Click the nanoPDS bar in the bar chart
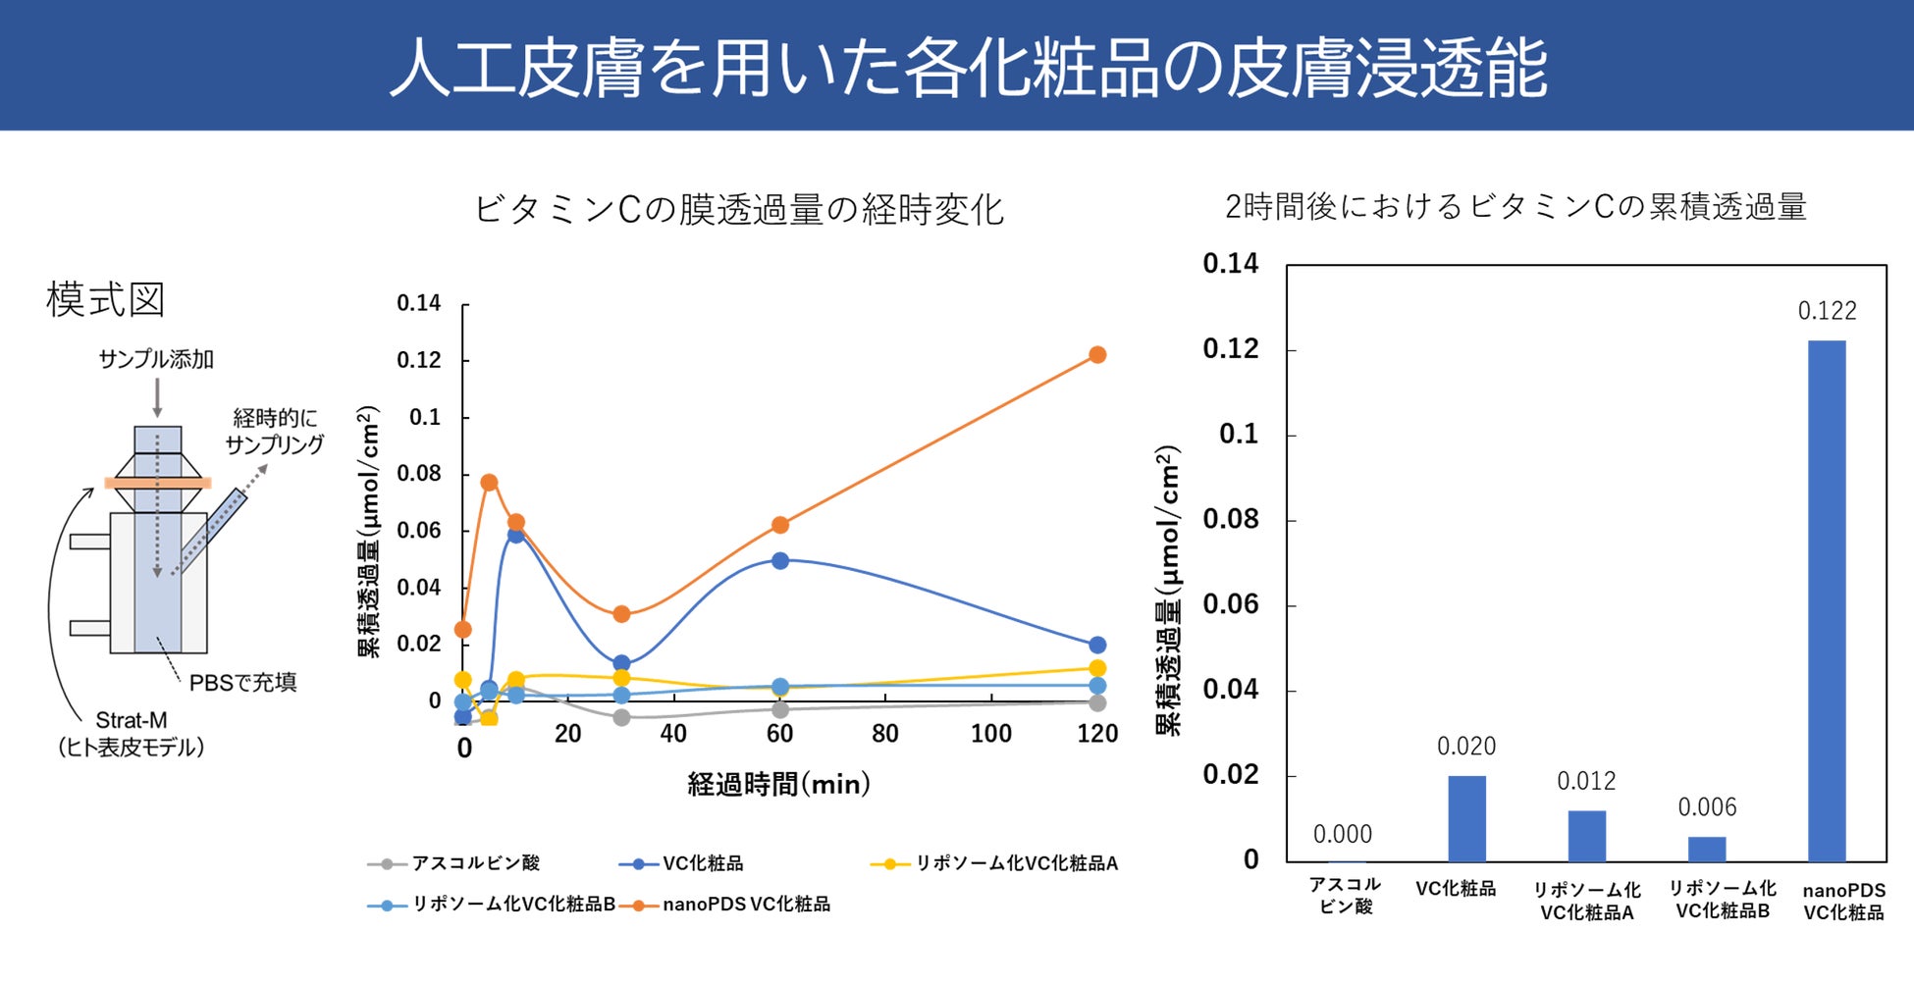[1826, 600]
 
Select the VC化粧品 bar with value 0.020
[1466, 818]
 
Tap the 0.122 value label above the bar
[1827, 311]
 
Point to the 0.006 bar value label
[1707, 807]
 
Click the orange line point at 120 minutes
[1097, 355]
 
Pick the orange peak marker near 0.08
[489, 483]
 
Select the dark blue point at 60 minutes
[780, 561]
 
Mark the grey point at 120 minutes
[1097, 702]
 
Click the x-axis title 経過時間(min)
[778, 785]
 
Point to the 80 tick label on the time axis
[884, 734]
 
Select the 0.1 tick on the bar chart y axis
[1238, 434]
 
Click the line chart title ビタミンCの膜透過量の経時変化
[738, 210]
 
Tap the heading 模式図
[105, 299]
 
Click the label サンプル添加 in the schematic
[156, 359]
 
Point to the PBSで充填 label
[242, 683]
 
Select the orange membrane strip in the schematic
[157, 483]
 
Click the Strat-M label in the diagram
[131, 720]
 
